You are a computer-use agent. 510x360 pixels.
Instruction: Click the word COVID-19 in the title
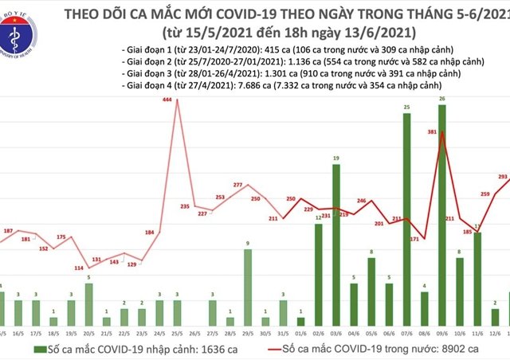[238, 14]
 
